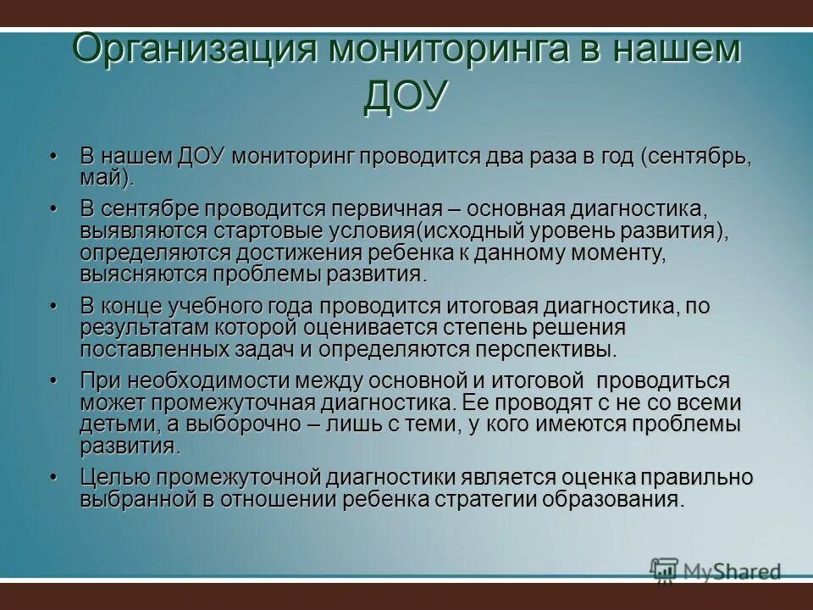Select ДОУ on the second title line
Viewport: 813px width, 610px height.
pos(405,96)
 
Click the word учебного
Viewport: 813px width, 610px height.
pos(230,306)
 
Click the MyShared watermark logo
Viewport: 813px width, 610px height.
pos(716,571)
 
